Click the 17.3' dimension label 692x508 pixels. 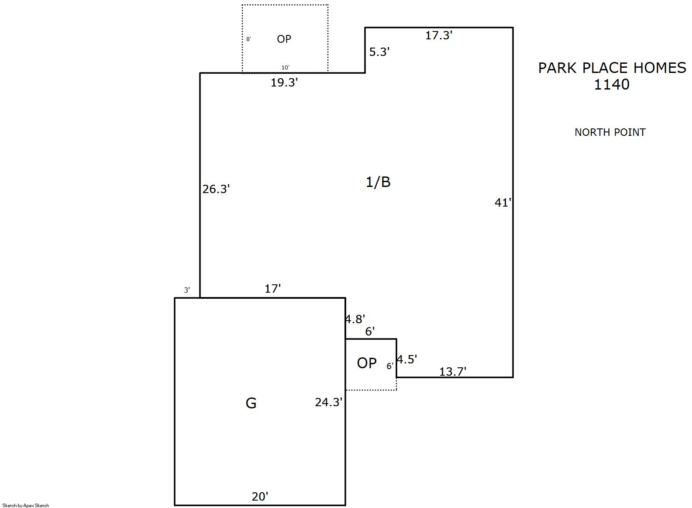439,35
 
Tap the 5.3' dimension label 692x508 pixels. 379,52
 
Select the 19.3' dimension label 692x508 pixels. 284,83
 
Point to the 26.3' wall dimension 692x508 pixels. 216,189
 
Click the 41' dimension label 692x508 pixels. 503,203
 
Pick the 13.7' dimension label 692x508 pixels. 453,371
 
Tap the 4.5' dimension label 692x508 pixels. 407,359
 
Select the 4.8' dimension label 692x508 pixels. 355,319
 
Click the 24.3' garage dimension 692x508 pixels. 329,402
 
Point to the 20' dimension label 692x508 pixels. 260,496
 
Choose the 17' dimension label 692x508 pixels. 273,289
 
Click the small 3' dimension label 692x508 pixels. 187,290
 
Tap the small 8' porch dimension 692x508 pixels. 248,39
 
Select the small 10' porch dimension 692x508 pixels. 285,67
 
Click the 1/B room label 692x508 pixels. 378,182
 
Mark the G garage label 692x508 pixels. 251,403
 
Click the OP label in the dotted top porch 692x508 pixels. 284,39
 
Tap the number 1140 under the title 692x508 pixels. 612,84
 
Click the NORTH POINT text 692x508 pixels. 610,132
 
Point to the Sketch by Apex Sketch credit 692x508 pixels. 26,505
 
